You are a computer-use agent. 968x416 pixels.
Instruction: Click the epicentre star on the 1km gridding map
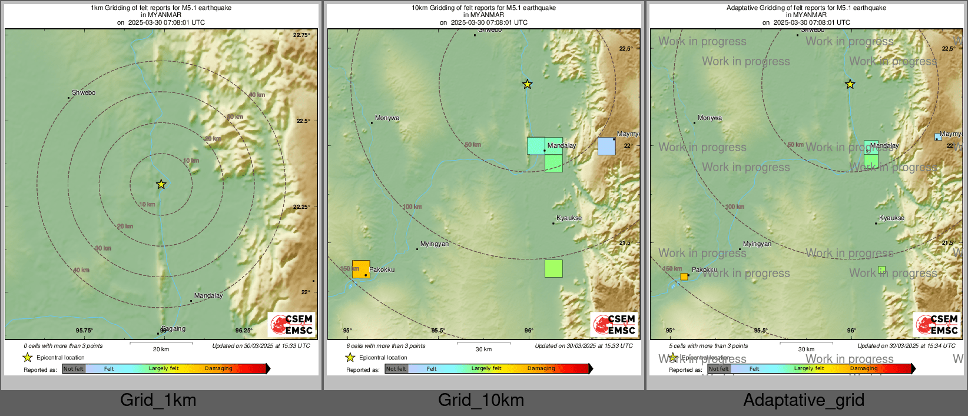(x=161, y=184)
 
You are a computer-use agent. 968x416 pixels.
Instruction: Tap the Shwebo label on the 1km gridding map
(x=84, y=93)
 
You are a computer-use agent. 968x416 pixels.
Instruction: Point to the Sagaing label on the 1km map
(x=173, y=329)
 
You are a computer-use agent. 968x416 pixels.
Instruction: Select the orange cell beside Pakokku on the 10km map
(x=361, y=269)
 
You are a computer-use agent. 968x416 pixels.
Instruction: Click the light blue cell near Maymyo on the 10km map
(x=606, y=147)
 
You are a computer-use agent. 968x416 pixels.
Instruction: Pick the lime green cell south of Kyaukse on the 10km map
(x=553, y=268)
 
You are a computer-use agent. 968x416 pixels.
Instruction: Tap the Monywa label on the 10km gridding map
(x=387, y=118)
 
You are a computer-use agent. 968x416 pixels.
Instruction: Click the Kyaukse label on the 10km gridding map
(x=569, y=218)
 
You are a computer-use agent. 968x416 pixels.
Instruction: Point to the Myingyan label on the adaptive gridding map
(x=757, y=244)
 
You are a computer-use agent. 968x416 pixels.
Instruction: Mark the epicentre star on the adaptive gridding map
(x=850, y=84)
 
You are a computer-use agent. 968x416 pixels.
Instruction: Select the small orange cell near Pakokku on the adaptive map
(x=684, y=277)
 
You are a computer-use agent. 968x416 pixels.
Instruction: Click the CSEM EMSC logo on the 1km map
(x=292, y=324)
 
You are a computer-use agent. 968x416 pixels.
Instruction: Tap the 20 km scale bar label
(x=161, y=349)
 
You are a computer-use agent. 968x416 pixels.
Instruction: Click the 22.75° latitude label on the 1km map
(x=301, y=35)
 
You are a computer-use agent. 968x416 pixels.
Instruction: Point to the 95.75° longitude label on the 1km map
(x=84, y=331)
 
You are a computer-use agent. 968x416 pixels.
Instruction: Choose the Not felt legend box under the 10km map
(x=396, y=369)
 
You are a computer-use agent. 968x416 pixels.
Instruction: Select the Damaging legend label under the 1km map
(x=218, y=369)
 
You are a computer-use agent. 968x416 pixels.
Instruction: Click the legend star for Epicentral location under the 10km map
(x=350, y=357)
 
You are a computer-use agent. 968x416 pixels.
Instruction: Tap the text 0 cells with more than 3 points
(x=63, y=346)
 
